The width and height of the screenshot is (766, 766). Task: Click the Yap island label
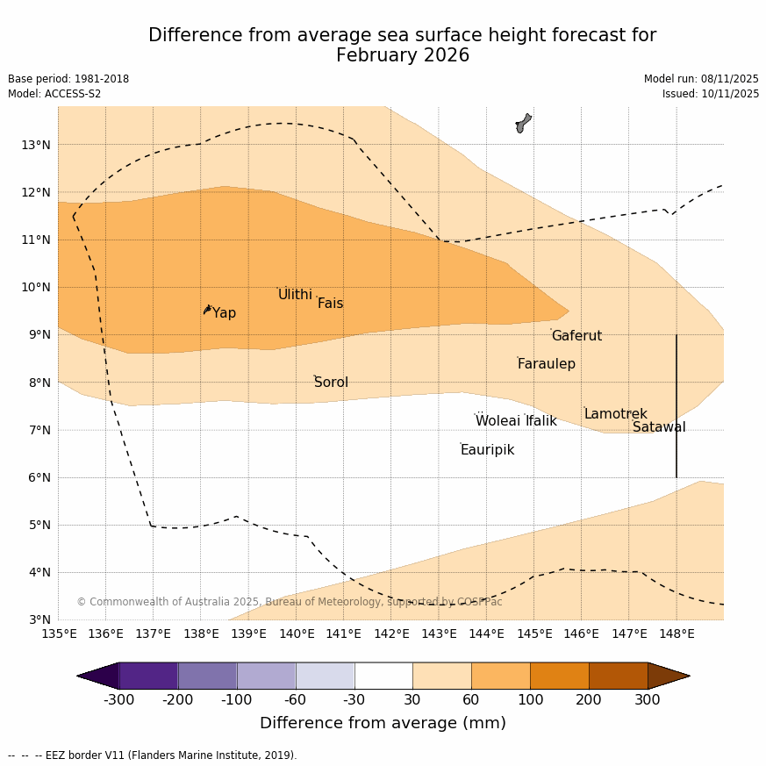(x=224, y=313)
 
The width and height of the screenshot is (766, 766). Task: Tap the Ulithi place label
(x=295, y=295)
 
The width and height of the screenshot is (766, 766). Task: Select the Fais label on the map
(x=330, y=304)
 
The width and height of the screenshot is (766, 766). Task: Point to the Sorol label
(x=331, y=383)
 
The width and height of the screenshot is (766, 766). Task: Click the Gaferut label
(x=576, y=336)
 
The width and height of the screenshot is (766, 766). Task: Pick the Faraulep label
(x=546, y=364)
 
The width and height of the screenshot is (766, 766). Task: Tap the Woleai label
(x=498, y=421)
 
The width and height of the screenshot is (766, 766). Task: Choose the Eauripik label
(x=487, y=450)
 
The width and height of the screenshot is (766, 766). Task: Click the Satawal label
(x=659, y=427)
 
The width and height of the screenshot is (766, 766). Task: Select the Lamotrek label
(x=615, y=414)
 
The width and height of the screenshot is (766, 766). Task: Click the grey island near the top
(x=523, y=123)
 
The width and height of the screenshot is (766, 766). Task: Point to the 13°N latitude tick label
(x=35, y=145)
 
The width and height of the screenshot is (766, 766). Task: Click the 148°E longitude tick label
(x=677, y=634)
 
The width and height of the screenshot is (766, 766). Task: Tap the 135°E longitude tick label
(x=59, y=634)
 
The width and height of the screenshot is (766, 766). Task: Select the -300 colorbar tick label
(x=119, y=699)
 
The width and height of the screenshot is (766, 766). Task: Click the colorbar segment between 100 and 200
(x=559, y=676)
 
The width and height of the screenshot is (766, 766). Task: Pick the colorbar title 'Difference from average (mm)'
(x=383, y=723)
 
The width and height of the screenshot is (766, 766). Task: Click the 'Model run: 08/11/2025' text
(x=701, y=79)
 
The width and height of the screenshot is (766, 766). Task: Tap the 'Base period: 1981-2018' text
(x=68, y=79)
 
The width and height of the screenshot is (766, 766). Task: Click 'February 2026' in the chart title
(x=402, y=56)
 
